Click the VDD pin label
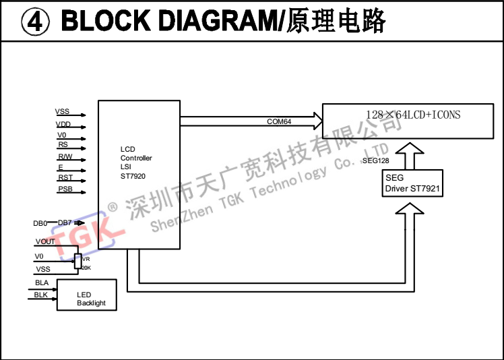point(63,124)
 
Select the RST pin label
point(65,177)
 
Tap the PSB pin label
point(65,189)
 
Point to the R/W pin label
point(65,156)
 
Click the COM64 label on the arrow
point(279,121)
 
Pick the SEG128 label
point(375,161)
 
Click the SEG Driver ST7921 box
point(412,183)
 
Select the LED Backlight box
point(86,299)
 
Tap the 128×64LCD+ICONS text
point(413,115)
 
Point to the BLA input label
point(42,282)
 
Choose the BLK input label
point(42,295)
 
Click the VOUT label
point(45,241)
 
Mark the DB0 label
point(40,223)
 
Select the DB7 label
point(65,222)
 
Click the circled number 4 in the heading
point(33,22)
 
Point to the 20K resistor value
point(86,268)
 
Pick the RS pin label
point(63,145)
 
